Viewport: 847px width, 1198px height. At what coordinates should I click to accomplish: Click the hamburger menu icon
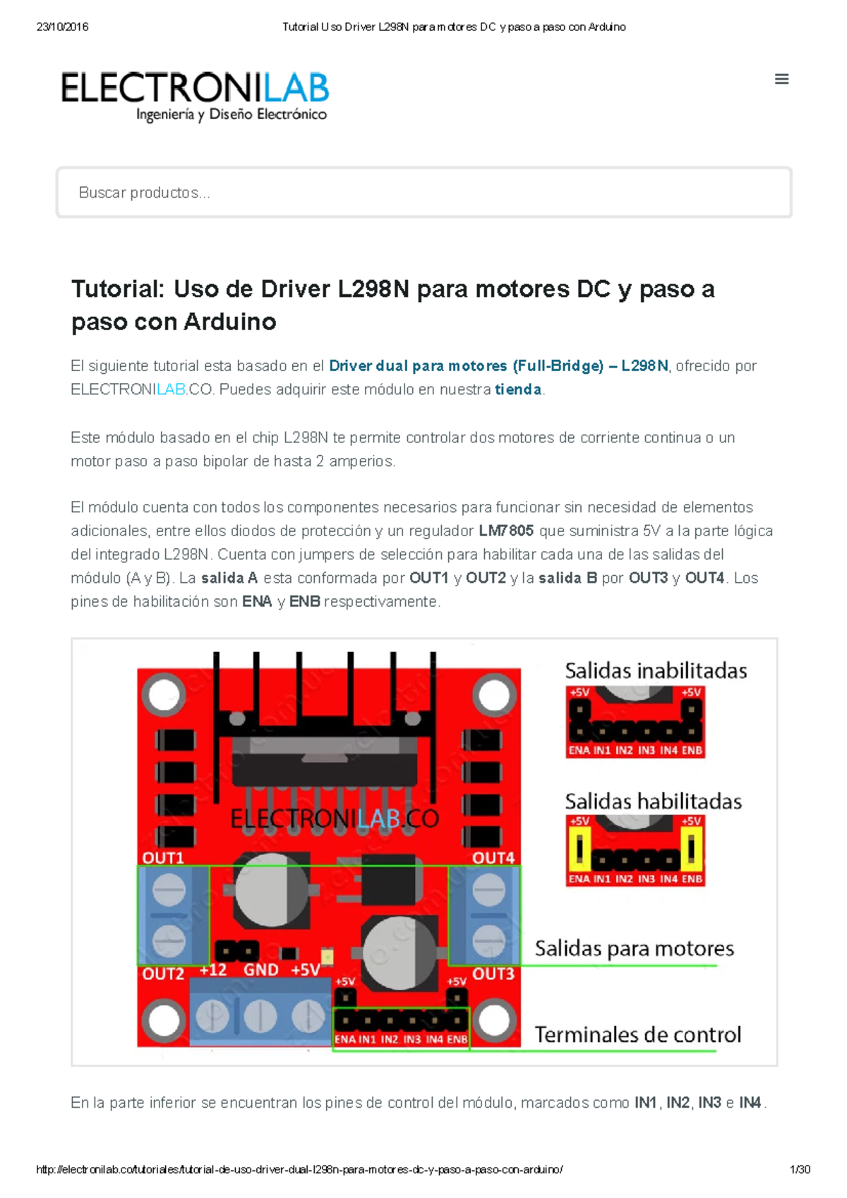point(781,79)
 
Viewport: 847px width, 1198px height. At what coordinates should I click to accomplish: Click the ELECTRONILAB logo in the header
point(195,96)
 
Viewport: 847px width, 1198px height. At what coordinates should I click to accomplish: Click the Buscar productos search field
point(423,193)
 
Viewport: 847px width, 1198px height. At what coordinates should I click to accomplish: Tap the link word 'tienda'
point(518,389)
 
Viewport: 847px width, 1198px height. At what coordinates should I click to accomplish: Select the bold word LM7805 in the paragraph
point(506,531)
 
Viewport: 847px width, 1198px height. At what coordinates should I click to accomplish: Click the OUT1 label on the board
point(163,857)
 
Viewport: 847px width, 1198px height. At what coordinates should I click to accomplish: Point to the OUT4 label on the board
point(493,857)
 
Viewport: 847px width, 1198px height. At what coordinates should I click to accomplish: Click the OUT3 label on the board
point(493,974)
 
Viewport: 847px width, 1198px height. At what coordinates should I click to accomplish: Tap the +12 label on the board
point(212,970)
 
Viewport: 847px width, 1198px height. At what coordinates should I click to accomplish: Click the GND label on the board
point(260,970)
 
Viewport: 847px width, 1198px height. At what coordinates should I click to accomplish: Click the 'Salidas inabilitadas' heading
point(656,670)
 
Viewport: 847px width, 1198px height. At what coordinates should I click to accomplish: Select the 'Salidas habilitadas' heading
point(653,801)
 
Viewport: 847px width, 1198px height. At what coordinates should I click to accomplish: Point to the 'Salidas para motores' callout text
point(634,948)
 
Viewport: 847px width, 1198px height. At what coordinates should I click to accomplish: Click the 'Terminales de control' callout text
point(637,1034)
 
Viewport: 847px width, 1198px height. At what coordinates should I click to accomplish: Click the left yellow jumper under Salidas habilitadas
point(579,849)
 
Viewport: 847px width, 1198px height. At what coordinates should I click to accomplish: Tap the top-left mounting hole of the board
point(164,695)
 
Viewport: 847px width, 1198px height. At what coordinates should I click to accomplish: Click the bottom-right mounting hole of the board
point(494,1020)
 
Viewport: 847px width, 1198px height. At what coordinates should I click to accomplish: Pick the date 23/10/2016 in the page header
point(62,27)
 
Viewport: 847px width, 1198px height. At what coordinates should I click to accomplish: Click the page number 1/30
point(800,1170)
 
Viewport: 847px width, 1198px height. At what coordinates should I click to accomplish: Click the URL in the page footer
point(299,1170)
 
